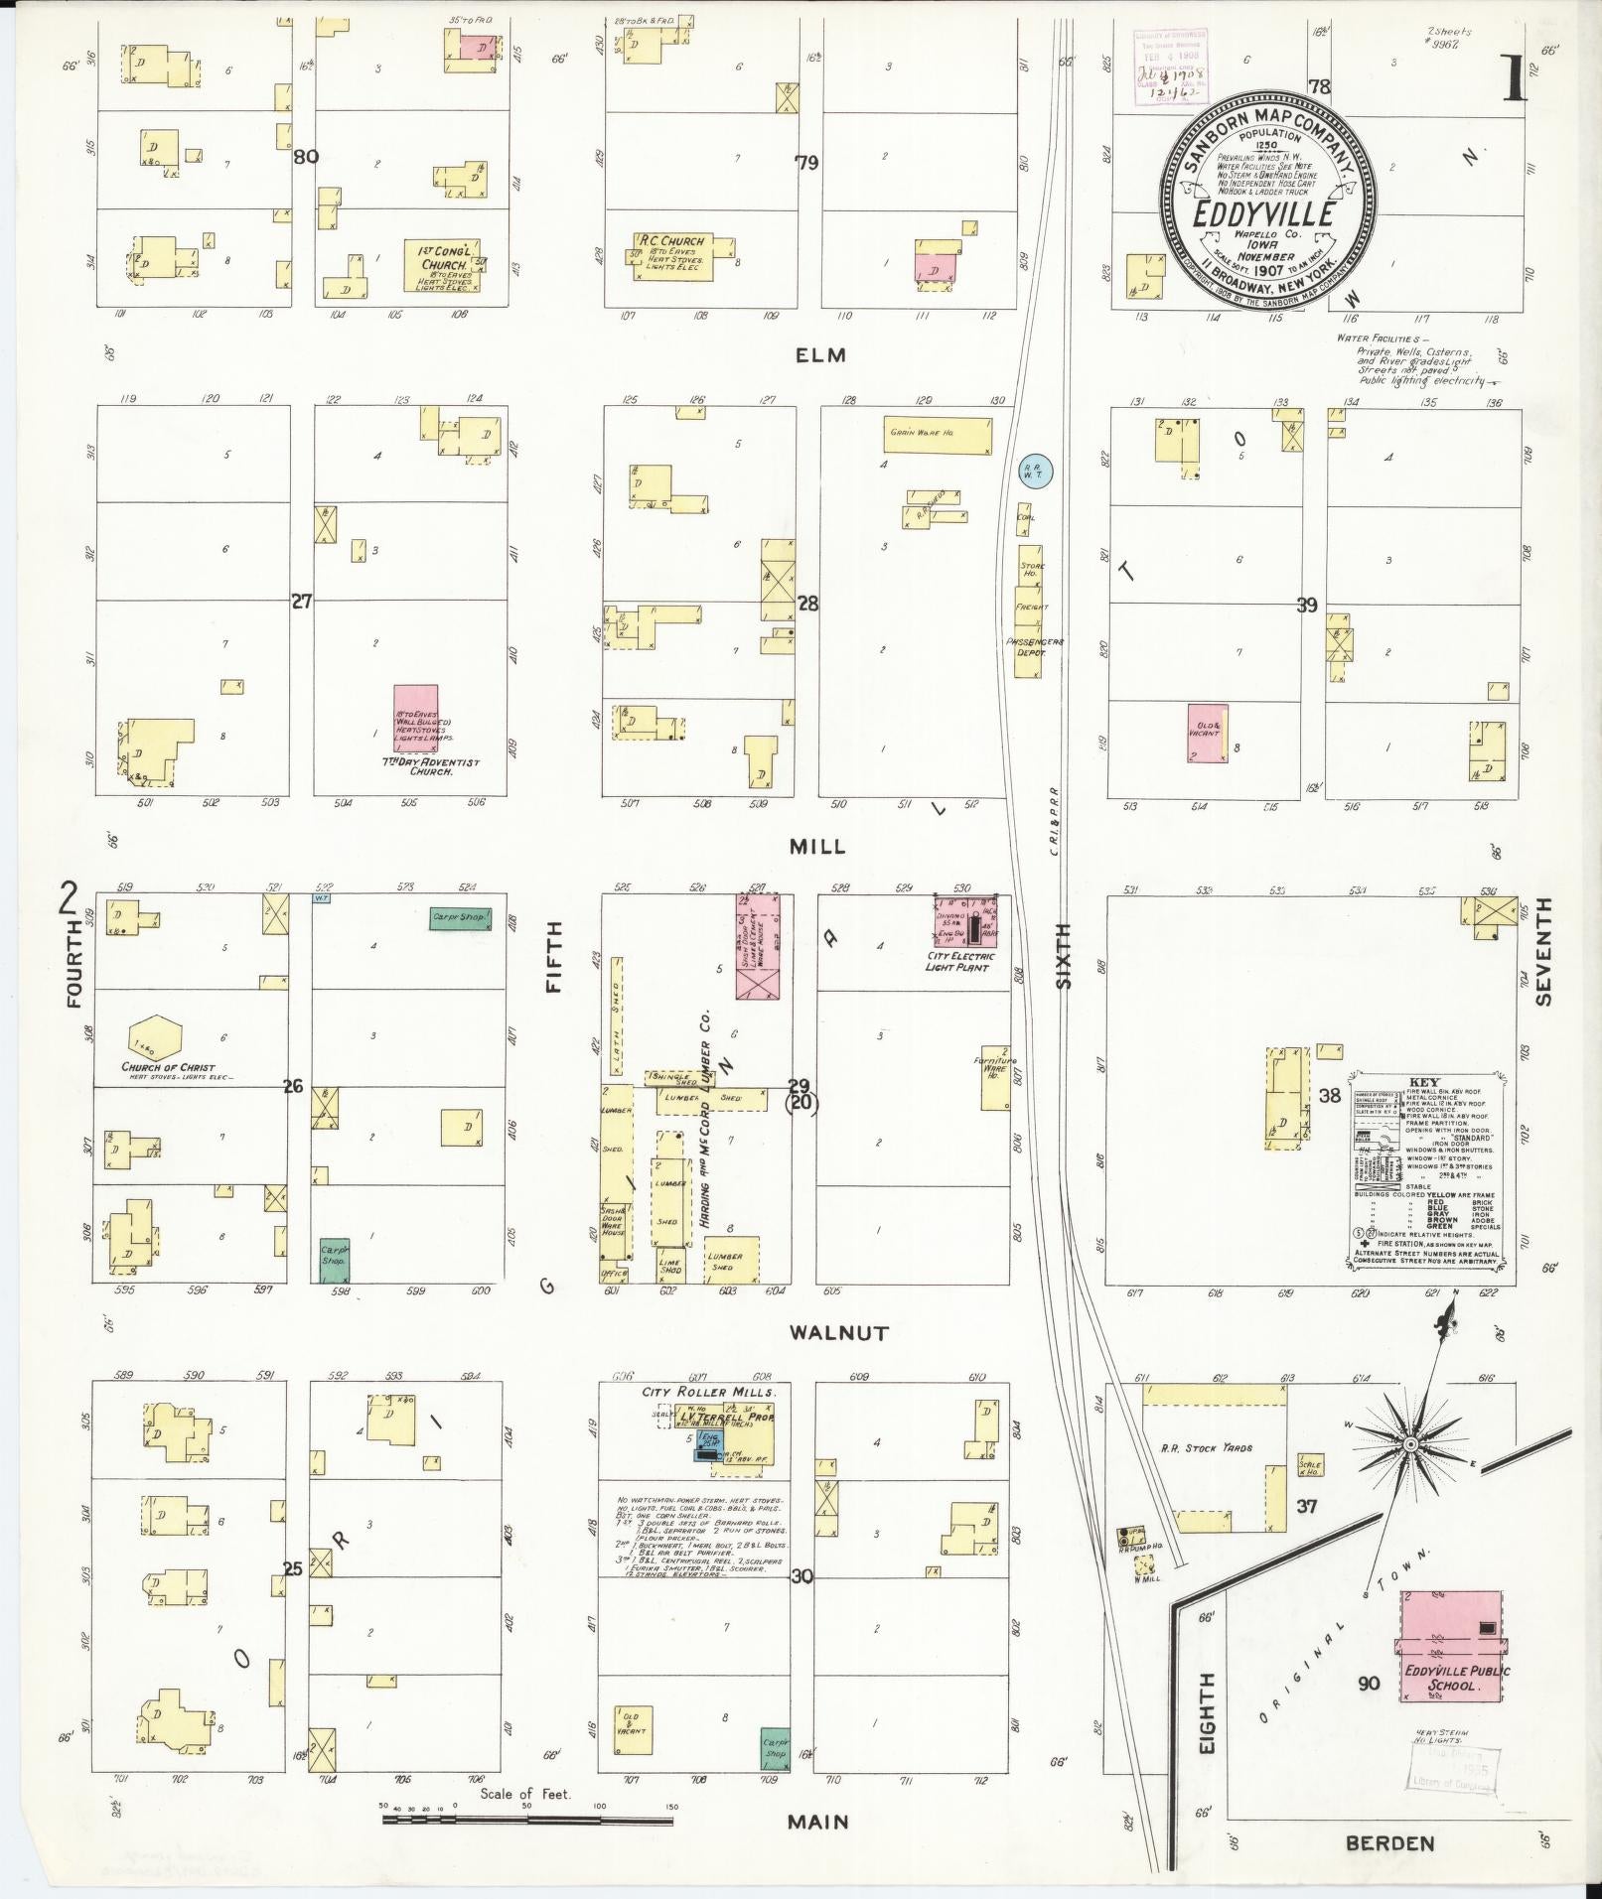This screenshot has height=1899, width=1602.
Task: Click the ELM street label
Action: [x=820, y=354]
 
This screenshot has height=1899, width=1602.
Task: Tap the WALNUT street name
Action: [x=839, y=1333]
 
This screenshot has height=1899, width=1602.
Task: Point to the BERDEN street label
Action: [x=1389, y=1843]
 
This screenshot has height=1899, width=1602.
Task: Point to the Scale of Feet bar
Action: [x=527, y=1821]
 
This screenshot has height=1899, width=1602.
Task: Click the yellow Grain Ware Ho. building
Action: [x=937, y=435]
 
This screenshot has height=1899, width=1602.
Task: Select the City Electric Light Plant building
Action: [x=964, y=918]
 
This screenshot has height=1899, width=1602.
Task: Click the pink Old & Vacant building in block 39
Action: [x=1207, y=734]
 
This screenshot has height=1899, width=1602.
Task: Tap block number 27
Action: [x=302, y=601]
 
